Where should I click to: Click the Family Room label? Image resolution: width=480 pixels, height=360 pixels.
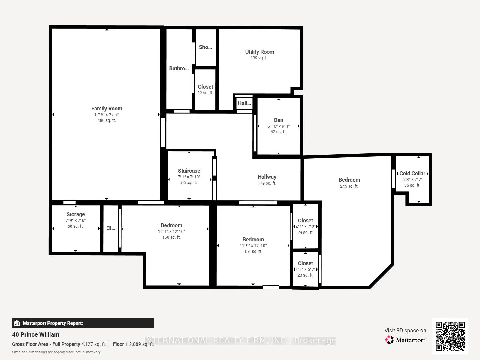[107, 109]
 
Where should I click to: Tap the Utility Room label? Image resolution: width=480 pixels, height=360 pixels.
[260, 52]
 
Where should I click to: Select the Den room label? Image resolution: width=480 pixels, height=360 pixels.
[279, 120]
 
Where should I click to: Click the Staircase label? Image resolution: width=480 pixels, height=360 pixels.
[189, 171]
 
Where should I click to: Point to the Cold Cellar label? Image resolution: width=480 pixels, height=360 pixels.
[412, 174]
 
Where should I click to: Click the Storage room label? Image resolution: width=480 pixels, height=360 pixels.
[75, 214]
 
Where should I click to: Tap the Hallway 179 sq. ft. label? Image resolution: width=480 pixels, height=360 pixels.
[267, 180]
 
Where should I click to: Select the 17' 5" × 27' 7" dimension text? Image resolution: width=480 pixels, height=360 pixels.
[107, 115]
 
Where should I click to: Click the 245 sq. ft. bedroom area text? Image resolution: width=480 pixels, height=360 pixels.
[349, 186]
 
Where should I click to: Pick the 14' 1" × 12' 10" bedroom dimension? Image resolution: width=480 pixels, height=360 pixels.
[171, 231]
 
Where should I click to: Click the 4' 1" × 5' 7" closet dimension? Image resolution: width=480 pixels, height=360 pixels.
[306, 269]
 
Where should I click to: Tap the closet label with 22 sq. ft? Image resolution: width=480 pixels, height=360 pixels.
[205, 87]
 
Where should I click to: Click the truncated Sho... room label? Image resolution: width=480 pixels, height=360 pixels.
[205, 47]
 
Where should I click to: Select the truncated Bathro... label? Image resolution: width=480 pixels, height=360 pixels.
[179, 68]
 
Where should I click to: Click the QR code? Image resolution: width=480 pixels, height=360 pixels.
[450, 336]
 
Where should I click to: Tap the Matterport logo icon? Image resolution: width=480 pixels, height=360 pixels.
[389, 340]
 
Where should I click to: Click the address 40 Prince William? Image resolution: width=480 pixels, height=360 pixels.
[36, 335]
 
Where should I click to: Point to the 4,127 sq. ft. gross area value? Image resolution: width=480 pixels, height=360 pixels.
[94, 344]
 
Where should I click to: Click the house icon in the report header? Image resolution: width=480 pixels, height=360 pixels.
[17, 323]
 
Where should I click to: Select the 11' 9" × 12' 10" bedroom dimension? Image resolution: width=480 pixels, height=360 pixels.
[253, 246]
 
